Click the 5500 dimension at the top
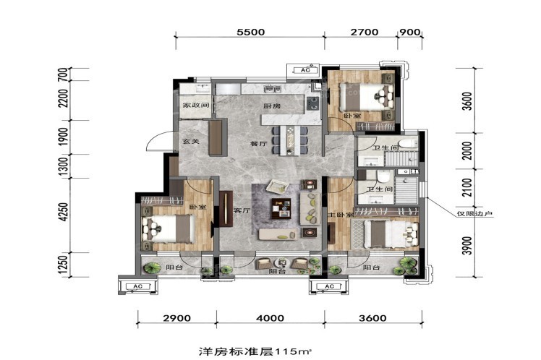pyautogui.click(x=251, y=32)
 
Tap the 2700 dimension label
pyautogui.click(x=365, y=32)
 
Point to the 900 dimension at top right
pyautogui.click(x=410, y=32)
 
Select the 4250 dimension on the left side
pyautogui.click(x=63, y=212)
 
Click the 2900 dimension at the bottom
pyautogui.click(x=176, y=317)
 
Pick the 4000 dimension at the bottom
pyautogui.click(x=270, y=317)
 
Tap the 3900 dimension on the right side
pyautogui.click(x=467, y=246)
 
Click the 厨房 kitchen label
pyautogui.click(x=271, y=106)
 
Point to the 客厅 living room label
pyautogui.click(x=241, y=210)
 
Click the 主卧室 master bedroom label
pyautogui.click(x=341, y=214)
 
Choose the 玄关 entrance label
pyautogui.click(x=191, y=141)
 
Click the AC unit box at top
pyautogui.click(x=305, y=70)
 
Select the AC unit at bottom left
pyautogui.click(x=137, y=286)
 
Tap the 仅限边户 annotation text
pyautogui.click(x=474, y=214)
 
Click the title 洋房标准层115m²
pyautogui.click(x=255, y=351)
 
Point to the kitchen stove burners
pyautogui.click(x=313, y=103)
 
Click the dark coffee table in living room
pyautogui.click(x=281, y=208)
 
